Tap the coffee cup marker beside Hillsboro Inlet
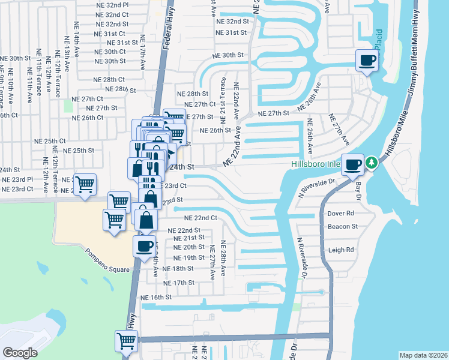tap(353, 164)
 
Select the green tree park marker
tap(372, 163)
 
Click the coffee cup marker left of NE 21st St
tap(145, 246)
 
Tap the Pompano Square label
tap(107, 260)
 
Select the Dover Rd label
tap(341, 213)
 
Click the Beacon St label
tap(342, 227)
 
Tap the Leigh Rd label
tap(341, 250)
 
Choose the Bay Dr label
tap(360, 181)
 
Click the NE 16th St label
tap(156, 298)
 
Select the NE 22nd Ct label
tap(200, 218)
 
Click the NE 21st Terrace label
tap(223, 96)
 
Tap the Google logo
tap(20, 353)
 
